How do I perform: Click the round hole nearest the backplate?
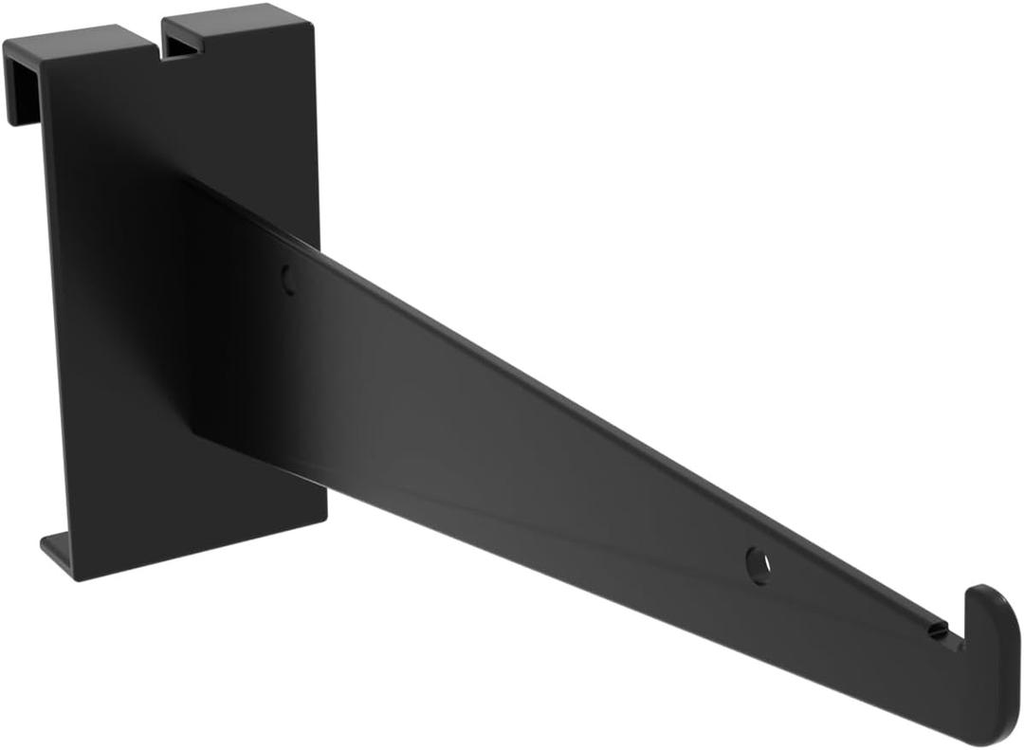(x=288, y=278)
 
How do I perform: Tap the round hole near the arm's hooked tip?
(x=758, y=565)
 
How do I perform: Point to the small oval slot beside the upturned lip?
(x=938, y=630)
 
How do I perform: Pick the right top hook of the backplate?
(x=228, y=24)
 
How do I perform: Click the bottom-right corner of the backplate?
(x=326, y=518)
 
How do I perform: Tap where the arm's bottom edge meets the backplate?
(x=199, y=436)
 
